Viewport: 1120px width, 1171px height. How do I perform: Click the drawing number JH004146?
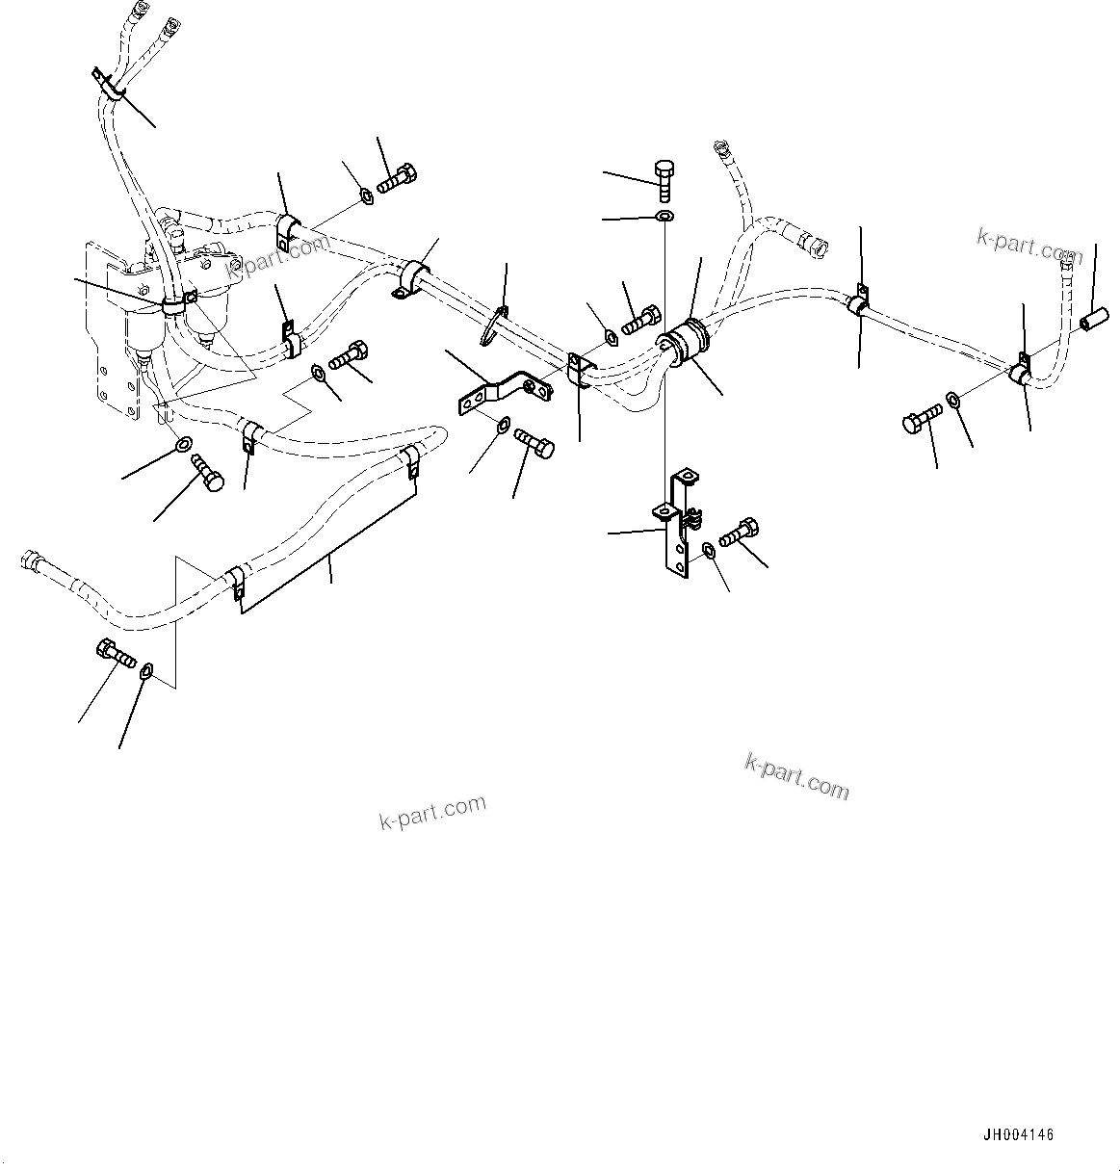[x=1018, y=1135]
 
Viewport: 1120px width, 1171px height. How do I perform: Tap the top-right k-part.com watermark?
[x=1028, y=245]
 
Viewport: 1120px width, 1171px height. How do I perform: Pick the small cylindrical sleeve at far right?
[x=1095, y=318]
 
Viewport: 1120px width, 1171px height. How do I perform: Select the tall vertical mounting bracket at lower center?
[x=679, y=525]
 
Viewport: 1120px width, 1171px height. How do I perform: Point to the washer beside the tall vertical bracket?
[x=709, y=550]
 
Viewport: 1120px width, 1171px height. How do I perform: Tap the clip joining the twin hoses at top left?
[x=108, y=85]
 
